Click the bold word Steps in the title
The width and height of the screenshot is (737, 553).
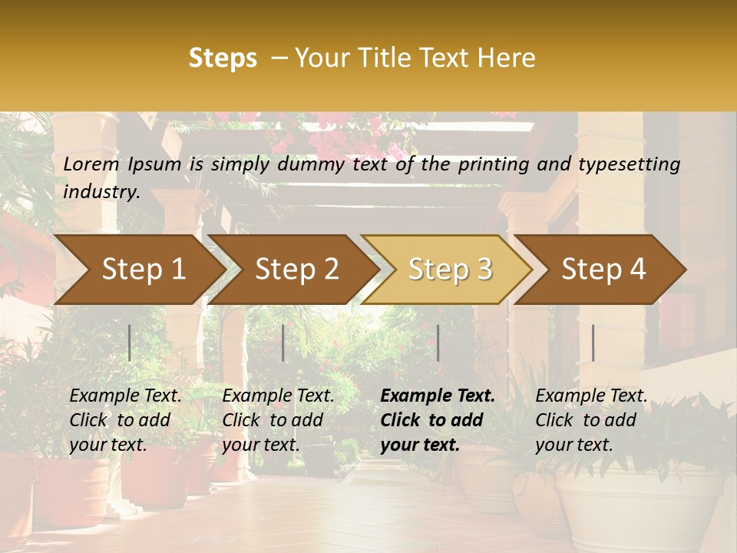(223, 58)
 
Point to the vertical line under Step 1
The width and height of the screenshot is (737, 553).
(130, 343)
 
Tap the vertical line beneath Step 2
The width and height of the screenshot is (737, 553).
(283, 343)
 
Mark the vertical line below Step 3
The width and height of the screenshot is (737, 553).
(438, 343)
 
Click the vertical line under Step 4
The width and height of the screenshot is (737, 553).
(593, 343)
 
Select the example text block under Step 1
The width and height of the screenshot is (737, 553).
(125, 420)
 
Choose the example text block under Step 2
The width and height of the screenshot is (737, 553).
(278, 420)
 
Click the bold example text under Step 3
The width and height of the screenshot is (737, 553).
(438, 420)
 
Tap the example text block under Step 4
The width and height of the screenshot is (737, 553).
(591, 420)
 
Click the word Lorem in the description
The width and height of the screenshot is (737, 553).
(91, 164)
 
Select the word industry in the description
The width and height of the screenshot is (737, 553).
(101, 192)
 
